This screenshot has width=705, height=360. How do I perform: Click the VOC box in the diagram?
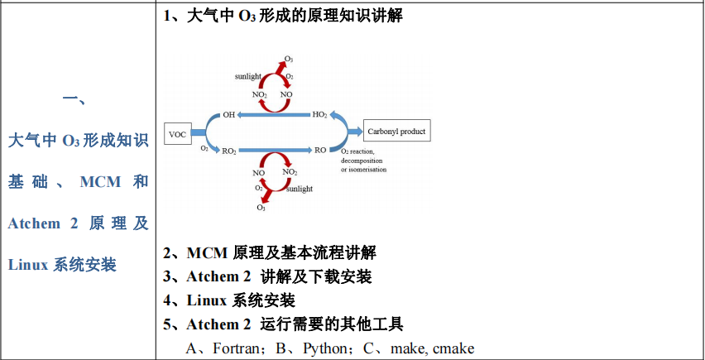tap(178, 133)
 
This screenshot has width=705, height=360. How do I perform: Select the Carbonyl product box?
tap(396, 131)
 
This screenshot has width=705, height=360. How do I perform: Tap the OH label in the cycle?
tap(229, 114)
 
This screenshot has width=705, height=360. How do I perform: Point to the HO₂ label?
tap(319, 114)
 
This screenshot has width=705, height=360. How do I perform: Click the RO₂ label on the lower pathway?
tap(229, 151)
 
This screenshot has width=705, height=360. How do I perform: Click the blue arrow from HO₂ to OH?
tap(274, 115)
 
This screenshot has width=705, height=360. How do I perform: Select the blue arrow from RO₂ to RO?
tap(274, 151)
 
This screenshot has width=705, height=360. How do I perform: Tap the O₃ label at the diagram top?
tap(288, 60)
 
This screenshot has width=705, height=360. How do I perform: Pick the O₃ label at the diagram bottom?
tap(261, 208)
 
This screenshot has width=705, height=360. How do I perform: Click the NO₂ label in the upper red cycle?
tap(260, 94)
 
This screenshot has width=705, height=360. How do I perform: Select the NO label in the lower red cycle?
tap(259, 172)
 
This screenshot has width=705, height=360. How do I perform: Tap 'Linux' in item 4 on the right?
tap(207, 300)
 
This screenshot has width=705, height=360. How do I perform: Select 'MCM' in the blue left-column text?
tap(100, 181)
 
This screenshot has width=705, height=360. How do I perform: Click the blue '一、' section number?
tap(77, 99)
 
